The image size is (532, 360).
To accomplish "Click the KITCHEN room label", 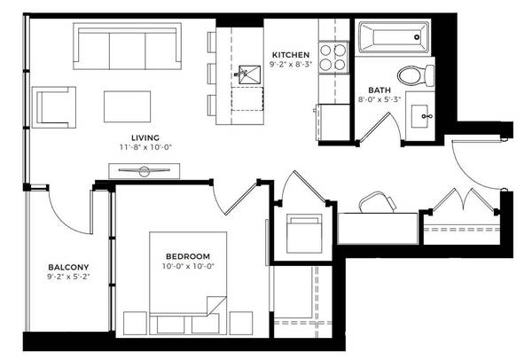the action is point(291,55).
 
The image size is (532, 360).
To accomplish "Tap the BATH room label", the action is point(379,90).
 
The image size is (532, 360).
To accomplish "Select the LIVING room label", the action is point(145,137).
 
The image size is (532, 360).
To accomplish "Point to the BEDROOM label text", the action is point(188,256).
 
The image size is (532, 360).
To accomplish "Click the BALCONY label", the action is point(68,267).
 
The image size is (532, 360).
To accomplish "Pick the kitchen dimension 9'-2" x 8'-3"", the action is point(291,65).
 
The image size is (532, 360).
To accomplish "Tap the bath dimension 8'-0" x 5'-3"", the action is point(379,100).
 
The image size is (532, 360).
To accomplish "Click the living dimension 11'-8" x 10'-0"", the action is point(145,147).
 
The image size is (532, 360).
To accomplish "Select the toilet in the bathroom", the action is point(415,76).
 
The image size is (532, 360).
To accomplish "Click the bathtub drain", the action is point(417,37).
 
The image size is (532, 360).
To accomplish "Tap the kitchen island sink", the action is point(249,74).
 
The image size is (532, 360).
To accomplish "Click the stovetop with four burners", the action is point(333,58).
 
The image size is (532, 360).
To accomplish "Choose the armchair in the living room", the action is point(54,107).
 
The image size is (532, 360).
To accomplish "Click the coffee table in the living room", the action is point(127,106).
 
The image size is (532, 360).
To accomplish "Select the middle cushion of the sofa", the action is point(127,51).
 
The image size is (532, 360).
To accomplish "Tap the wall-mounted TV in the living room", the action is point(145,170).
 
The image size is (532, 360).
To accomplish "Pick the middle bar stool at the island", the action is point(211,74).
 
